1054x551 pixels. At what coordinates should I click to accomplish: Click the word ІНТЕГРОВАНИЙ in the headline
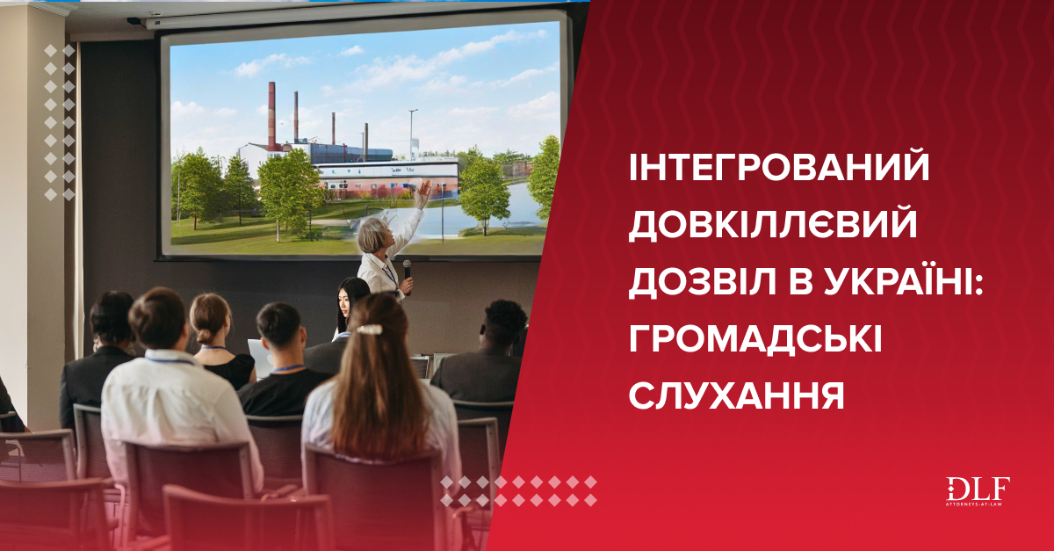click(x=779, y=167)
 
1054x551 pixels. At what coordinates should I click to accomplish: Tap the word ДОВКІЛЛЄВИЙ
click(x=773, y=224)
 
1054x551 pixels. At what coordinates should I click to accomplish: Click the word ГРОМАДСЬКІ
click(x=755, y=338)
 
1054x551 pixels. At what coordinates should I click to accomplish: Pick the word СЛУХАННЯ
click(x=736, y=395)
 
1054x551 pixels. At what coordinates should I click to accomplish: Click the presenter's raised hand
click(x=423, y=193)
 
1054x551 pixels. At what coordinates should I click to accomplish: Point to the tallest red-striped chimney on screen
click(x=271, y=116)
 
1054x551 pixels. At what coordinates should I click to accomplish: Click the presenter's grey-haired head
click(x=373, y=235)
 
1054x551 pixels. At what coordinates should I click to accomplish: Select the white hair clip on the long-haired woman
click(x=370, y=330)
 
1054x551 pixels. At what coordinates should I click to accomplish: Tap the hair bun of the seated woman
click(x=206, y=336)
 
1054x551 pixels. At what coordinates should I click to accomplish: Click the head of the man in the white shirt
click(x=158, y=318)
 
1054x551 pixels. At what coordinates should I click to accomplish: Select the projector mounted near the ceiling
click(x=136, y=21)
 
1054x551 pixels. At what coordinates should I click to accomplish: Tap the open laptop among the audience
click(x=260, y=359)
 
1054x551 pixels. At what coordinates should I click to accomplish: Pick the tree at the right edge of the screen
click(x=545, y=178)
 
